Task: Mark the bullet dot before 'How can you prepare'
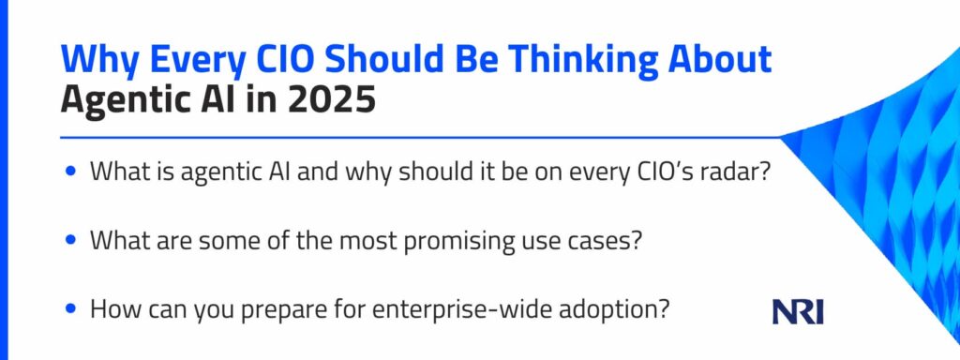pos(71,310)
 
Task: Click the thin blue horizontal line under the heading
pos(422,137)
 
